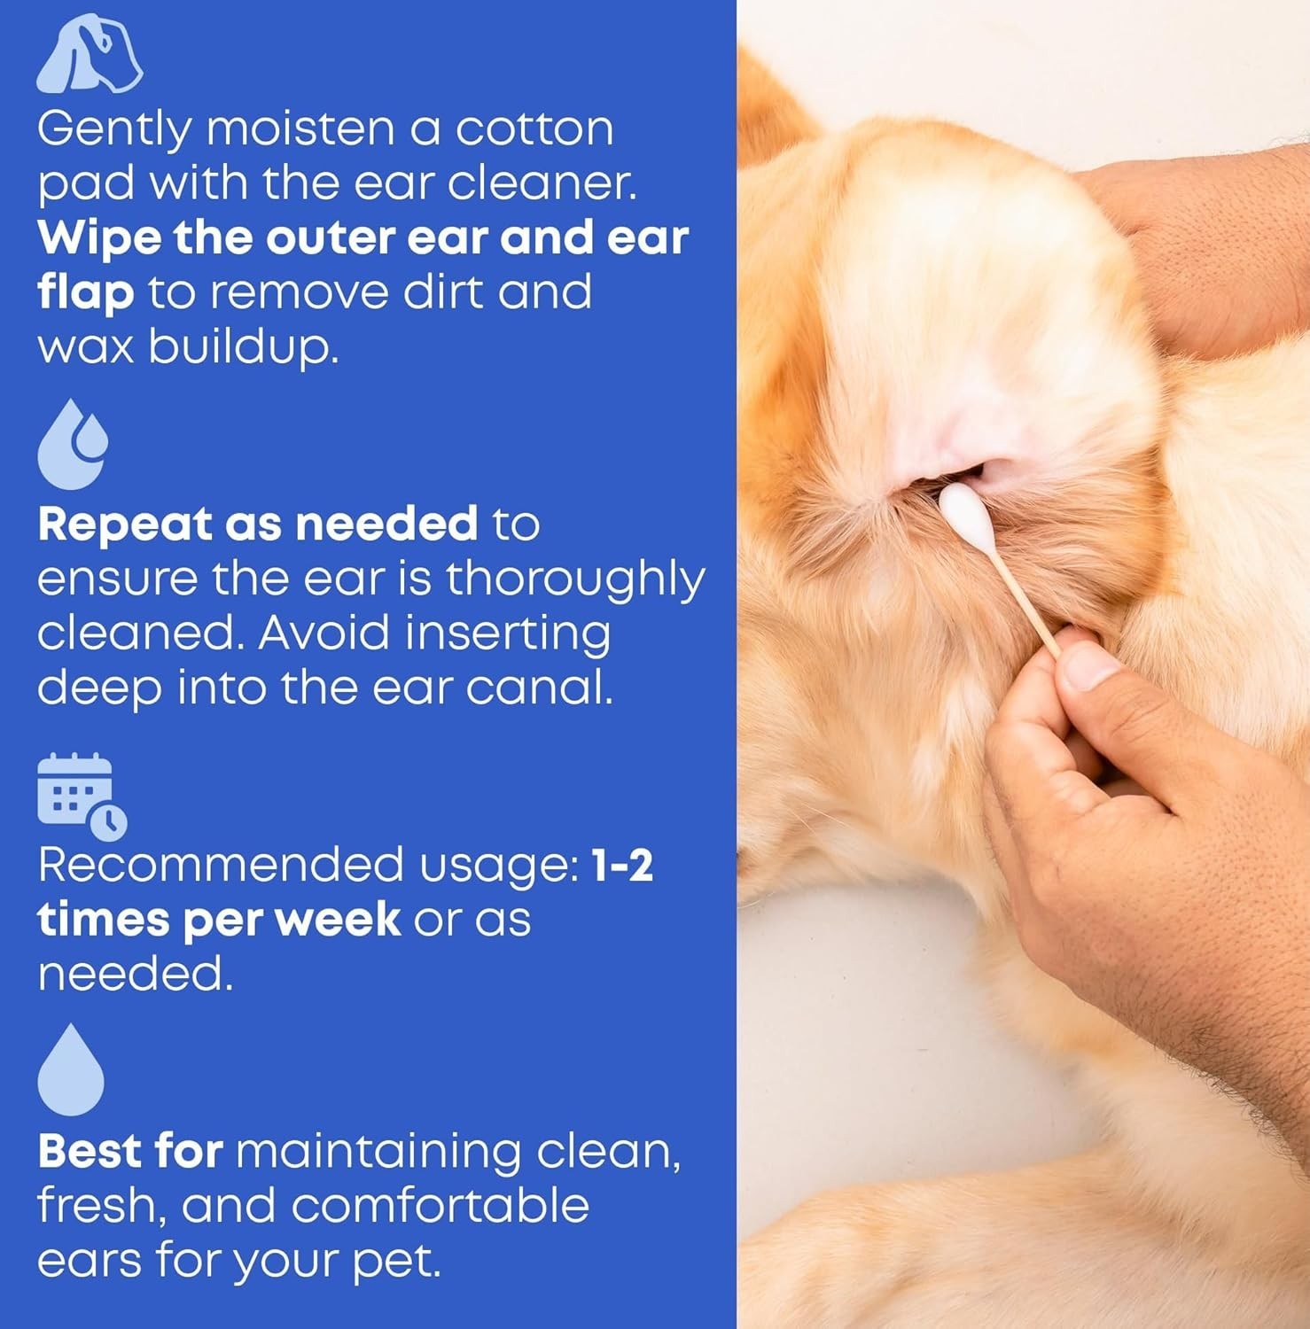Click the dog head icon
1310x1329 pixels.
[x=89, y=55]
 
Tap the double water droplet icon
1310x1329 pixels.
[x=73, y=444]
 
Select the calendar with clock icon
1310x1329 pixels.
[x=82, y=797]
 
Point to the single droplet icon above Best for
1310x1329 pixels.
[x=71, y=1069]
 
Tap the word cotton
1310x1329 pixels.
[x=534, y=130]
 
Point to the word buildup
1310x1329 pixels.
[x=243, y=348]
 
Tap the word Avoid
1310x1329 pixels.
[x=324, y=633]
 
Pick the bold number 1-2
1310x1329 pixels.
[x=622, y=864]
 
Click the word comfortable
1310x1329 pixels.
[x=440, y=1205]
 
